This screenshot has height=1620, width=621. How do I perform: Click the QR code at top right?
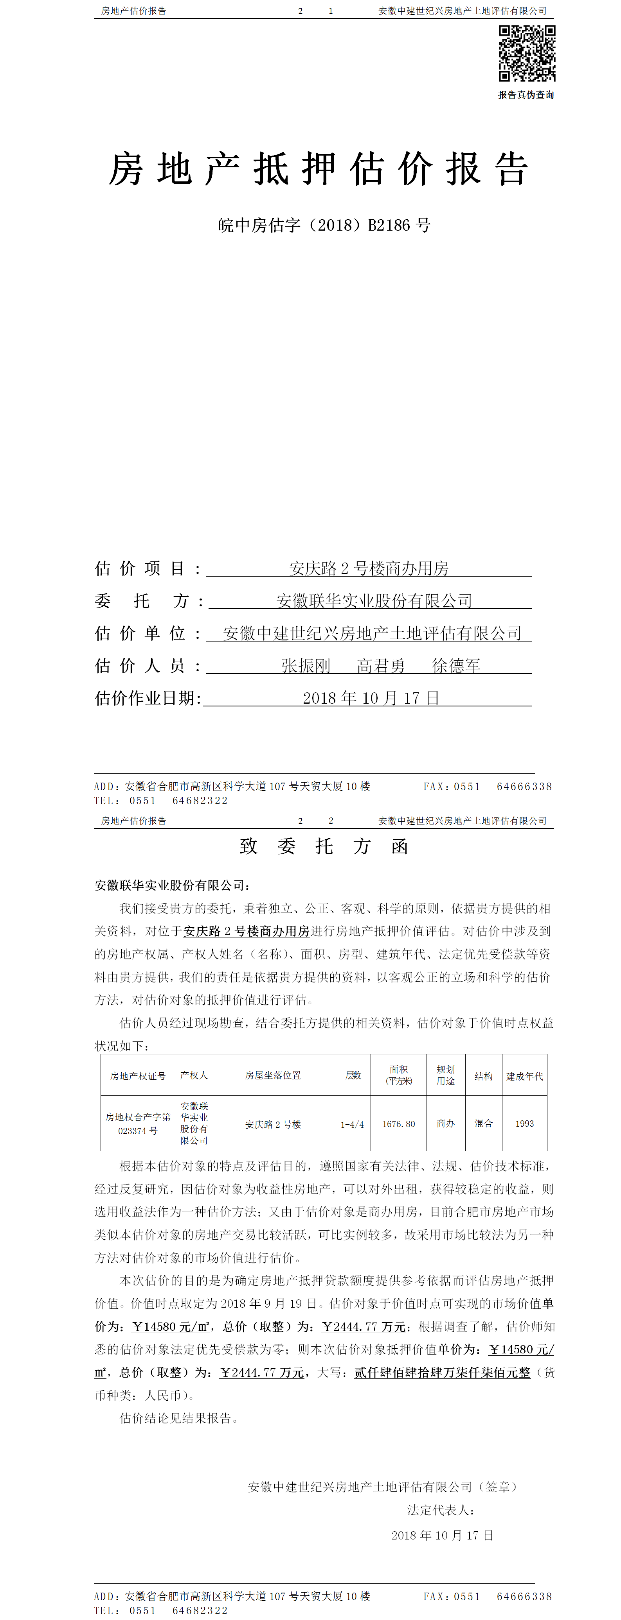point(527,54)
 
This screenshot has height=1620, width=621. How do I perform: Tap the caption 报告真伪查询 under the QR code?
point(526,95)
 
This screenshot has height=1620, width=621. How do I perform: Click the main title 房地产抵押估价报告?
point(318,169)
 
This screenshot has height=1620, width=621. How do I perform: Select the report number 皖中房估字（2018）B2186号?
point(324,225)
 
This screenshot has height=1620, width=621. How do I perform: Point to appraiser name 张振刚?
point(306,665)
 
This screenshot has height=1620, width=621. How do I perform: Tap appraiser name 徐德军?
point(456,665)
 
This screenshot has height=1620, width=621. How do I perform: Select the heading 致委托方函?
point(324,846)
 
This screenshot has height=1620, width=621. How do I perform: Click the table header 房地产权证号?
point(138,1076)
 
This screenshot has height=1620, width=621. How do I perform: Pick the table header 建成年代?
point(525,1076)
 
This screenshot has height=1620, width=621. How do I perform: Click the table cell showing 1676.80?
point(399,1124)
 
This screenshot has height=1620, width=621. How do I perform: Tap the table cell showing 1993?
point(525,1124)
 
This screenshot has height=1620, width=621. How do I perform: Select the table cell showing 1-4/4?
point(352,1124)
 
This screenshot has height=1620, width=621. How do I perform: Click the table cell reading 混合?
point(483,1124)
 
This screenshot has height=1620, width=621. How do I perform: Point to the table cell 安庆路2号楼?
point(273,1124)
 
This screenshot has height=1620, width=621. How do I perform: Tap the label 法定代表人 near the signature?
point(441,1510)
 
